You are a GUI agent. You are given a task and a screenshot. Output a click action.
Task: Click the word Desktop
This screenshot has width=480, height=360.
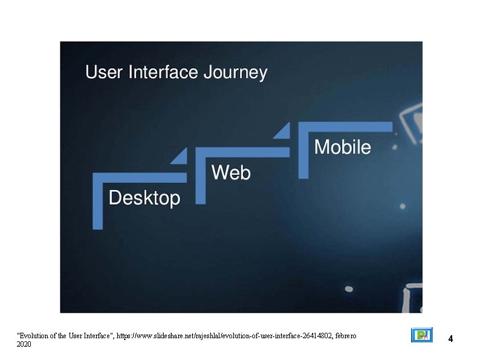(x=144, y=198)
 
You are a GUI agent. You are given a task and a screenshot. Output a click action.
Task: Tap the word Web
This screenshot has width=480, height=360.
(x=231, y=173)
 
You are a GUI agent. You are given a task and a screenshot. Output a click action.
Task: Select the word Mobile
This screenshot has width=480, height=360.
(x=342, y=147)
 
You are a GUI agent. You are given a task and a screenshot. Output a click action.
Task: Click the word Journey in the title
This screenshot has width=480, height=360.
(x=235, y=73)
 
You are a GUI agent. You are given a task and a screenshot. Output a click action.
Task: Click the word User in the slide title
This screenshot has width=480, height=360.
(x=100, y=73)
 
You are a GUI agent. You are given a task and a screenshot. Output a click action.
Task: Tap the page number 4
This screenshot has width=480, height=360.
(x=450, y=338)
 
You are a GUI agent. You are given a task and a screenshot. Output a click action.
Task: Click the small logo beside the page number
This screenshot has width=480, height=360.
(x=421, y=335)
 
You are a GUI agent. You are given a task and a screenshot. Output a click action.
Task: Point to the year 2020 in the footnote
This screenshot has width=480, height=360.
(x=24, y=344)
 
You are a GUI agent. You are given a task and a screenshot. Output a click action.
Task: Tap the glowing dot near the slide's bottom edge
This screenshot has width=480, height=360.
(x=349, y=289)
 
